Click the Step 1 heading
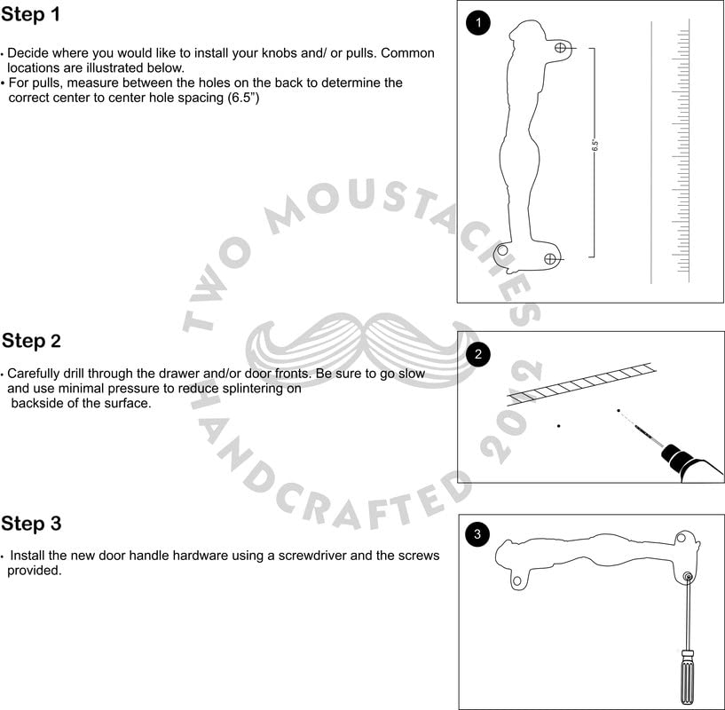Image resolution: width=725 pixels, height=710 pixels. pyautogui.click(x=30, y=14)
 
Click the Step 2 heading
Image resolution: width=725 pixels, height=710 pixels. pyautogui.click(x=31, y=341)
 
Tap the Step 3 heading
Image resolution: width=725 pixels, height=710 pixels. pyautogui.click(x=31, y=524)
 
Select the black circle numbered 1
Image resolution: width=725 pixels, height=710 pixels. pyautogui.click(x=478, y=23)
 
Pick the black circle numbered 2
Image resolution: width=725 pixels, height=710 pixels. pyautogui.click(x=478, y=355)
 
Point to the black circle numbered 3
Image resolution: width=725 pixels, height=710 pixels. pyautogui.click(x=477, y=534)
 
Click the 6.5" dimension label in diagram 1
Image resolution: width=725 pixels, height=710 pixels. pyautogui.click(x=595, y=146)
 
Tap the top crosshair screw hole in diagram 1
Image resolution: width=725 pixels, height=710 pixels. pyautogui.click(x=560, y=48)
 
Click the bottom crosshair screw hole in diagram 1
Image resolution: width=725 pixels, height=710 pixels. pyautogui.click(x=550, y=259)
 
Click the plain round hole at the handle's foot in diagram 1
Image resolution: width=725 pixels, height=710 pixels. pyautogui.click(x=502, y=250)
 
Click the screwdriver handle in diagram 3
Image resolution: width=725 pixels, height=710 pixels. pyautogui.click(x=687, y=678)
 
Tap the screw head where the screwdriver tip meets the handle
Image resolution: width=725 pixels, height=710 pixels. pyautogui.click(x=688, y=576)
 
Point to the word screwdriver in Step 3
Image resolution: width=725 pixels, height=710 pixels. pyautogui.click(x=312, y=556)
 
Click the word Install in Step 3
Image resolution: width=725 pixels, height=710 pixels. pyautogui.click(x=28, y=556)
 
